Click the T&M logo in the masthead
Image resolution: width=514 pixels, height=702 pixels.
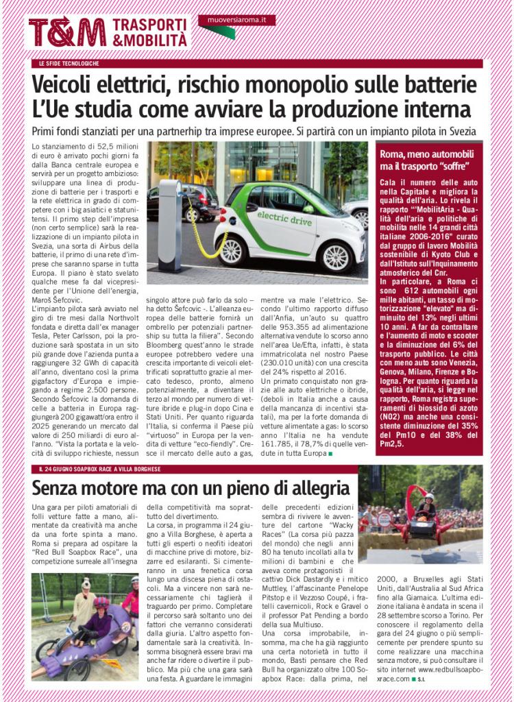point(67,32)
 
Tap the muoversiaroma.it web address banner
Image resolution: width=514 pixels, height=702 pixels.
point(236,21)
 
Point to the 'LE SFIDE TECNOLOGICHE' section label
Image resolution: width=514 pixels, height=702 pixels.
point(69,64)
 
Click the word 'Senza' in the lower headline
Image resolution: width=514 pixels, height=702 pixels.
point(58,488)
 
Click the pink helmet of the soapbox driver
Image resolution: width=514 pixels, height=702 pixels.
point(101,602)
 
